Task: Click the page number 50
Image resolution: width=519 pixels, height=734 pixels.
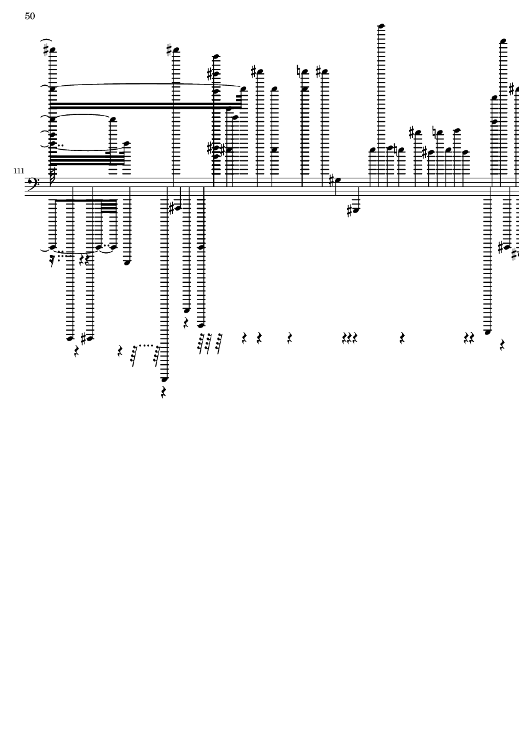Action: (30, 16)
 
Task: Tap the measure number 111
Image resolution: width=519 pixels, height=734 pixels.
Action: (19, 172)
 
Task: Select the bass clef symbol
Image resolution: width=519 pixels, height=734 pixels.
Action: (33, 182)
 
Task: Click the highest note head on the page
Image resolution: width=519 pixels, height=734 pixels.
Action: (381, 25)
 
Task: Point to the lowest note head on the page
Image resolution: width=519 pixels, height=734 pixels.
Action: (164, 379)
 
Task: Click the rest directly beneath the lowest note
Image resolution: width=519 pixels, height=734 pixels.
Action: (164, 392)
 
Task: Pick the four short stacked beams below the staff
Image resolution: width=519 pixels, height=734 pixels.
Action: (109, 206)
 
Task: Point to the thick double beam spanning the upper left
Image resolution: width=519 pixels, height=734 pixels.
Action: (145, 106)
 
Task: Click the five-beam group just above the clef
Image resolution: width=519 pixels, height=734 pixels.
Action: (87, 160)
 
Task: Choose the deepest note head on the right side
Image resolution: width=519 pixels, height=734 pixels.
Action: (488, 332)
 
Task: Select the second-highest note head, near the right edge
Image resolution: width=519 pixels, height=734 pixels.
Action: (503, 41)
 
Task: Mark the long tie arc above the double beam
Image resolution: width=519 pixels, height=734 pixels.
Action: (147, 85)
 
